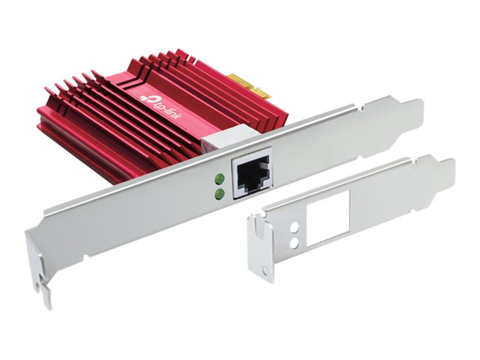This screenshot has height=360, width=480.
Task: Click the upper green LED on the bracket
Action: click(x=219, y=178)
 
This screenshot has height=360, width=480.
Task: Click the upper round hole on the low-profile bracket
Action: click(x=294, y=227)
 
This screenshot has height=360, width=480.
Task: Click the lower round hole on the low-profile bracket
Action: click(x=295, y=243)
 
